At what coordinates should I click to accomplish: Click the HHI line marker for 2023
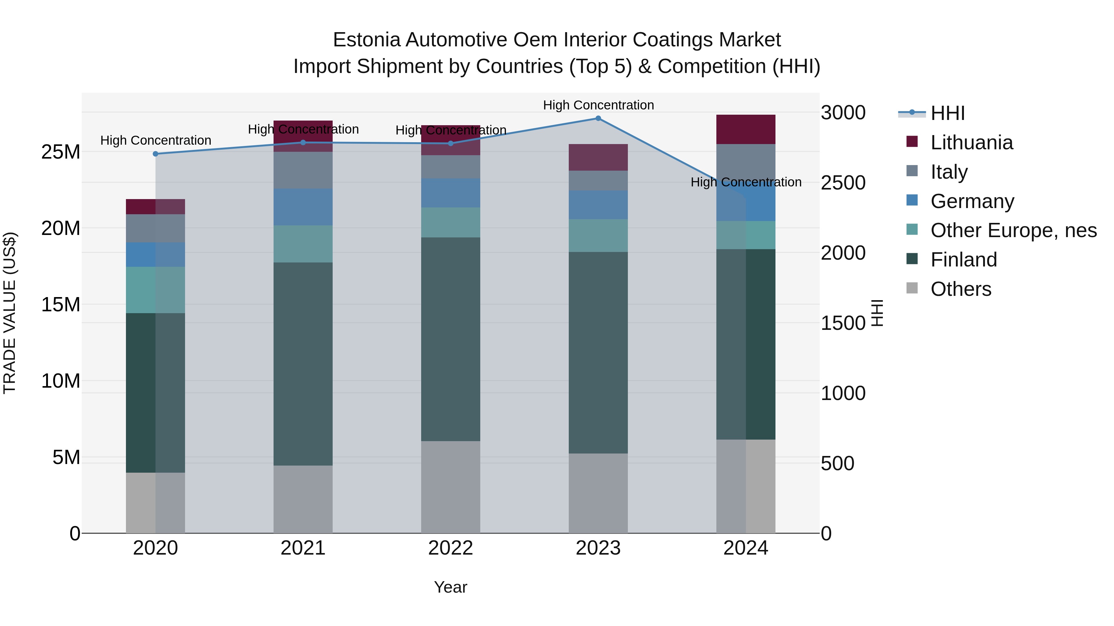tap(598, 118)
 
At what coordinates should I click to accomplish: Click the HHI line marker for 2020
tap(156, 154)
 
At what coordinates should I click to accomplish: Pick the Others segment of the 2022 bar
tap(451, 487)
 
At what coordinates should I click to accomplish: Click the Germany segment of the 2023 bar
tap(598, 205)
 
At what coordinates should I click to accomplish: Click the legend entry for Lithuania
tap(971, 143)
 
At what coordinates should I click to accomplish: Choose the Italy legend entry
tap(949, 172)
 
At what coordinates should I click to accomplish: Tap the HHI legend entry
tap(947, 113)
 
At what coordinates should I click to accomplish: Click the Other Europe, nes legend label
tap(1013, 230)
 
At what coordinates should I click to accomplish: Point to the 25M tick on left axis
tap(61, 152)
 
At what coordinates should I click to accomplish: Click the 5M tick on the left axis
tap(66, 457)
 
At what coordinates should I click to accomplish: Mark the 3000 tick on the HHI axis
tap(843, 113)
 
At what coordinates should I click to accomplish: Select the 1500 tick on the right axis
tap(843, 323)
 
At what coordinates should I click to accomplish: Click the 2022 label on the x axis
tap(451, 548)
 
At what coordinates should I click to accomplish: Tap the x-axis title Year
tap(451, 587)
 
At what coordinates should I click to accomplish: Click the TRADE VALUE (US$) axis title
tap(10, 313)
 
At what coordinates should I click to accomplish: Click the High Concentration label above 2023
tap(598, 105)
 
